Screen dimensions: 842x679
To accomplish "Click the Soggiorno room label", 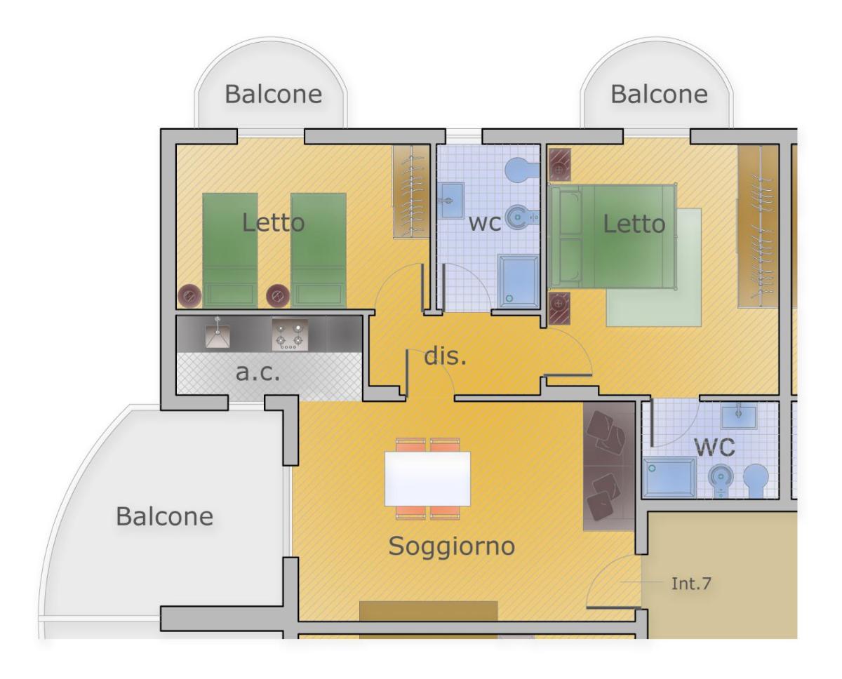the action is (x=451, y=546).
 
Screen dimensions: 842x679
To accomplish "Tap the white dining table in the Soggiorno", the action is (x=427, y=479).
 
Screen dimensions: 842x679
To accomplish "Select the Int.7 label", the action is (x=691, y=584).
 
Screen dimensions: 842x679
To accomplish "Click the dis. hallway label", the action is (x=446, y=356).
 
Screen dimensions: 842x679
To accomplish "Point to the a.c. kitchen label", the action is (x=258, y=372).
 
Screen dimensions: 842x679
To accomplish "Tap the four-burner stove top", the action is (x=290, y=335).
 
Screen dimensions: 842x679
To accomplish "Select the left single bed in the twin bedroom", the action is (x=230, y=250).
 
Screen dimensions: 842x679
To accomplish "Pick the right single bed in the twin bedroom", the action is (x=319, y=250).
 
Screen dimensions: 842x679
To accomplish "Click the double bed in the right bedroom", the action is (x=613, y=236).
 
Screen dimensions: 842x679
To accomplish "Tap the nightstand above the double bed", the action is (x=559, y=165).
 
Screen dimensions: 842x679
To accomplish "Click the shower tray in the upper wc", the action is (x=519, y=281).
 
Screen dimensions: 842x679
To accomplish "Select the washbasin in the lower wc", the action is (x=739, y=416).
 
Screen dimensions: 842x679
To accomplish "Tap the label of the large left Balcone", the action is (x=165, y=516).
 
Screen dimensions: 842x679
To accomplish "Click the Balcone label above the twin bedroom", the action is (x=273, y=94).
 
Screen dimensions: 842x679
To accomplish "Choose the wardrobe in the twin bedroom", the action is (x=411, y=191).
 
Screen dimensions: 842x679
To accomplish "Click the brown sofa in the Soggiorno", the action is (x=609, y=466).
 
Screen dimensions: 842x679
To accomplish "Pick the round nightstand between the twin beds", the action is (x=278, y=296).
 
